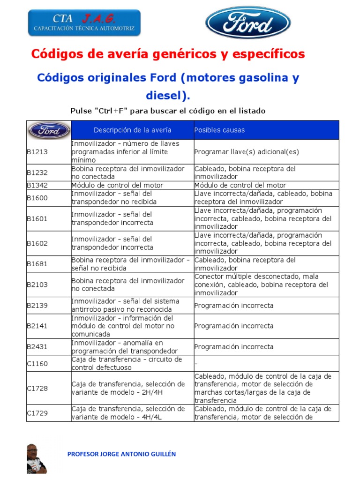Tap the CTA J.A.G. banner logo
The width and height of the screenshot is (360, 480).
(x=84, y=22)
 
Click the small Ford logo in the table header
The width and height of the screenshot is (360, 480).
(x=49, y=130)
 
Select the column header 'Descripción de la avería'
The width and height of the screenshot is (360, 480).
(x=132, y=130)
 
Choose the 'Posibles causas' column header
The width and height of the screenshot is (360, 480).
(x=219, y=130)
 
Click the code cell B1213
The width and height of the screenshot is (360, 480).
(x=37, y=152)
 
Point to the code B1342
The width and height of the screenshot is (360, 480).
(x=37, y=185)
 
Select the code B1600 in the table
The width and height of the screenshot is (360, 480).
(x=37, y=198)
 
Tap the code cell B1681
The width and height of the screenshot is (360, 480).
(x=37, y=264)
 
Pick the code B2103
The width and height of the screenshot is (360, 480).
(x=37, y=285)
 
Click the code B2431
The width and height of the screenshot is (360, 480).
(x=37, y=347)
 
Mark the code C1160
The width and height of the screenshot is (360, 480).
(x=37, y=363)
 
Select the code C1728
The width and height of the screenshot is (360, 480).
(x=37, y=388)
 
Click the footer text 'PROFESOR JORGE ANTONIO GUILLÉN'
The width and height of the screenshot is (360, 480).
(x=122, y=454)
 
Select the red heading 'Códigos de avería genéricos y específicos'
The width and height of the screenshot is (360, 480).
(x=168, y=54)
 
